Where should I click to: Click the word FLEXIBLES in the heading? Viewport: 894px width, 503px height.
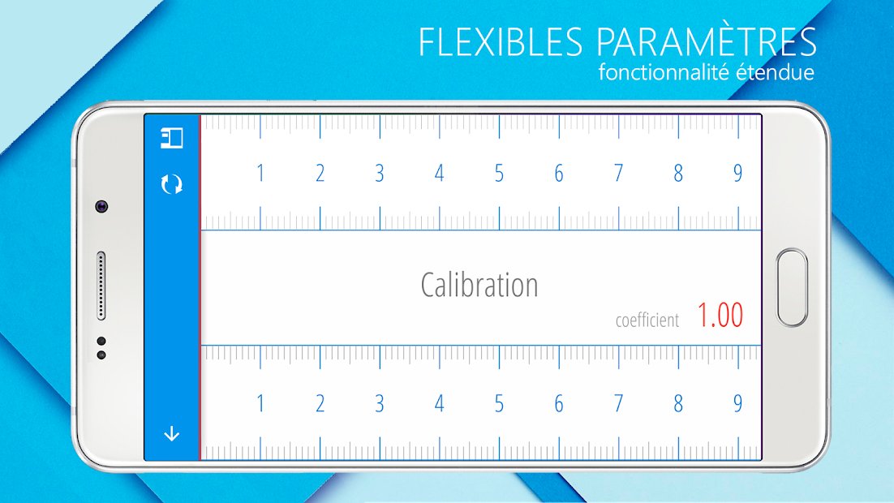coord(501,41)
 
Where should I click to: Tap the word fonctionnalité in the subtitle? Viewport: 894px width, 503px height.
coord(664,72)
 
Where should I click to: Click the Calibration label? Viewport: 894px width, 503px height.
coord(479,285)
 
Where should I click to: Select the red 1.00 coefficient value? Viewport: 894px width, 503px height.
coord(720,315)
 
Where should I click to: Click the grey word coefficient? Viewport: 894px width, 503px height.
coord(647,320)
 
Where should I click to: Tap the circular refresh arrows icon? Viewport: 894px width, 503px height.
coord(172,184)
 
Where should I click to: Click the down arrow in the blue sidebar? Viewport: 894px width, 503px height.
coord(172,435)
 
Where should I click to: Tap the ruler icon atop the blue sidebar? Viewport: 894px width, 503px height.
coord(172,138)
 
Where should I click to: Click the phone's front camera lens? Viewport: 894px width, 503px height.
coord(102,206)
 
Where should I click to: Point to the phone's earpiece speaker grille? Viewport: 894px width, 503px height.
coord(101,286)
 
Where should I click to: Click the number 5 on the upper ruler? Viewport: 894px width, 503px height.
coord(499,173)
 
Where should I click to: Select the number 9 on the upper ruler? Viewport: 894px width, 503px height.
coord(737,173)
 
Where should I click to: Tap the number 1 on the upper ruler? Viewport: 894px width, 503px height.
coord(260,173)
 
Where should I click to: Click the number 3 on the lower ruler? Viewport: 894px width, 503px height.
coord(380,404)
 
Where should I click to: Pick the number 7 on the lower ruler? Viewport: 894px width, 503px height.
coord(619,404)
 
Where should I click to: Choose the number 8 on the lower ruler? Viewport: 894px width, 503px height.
coord(678,404)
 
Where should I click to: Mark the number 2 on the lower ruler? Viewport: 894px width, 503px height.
coord(320,404)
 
